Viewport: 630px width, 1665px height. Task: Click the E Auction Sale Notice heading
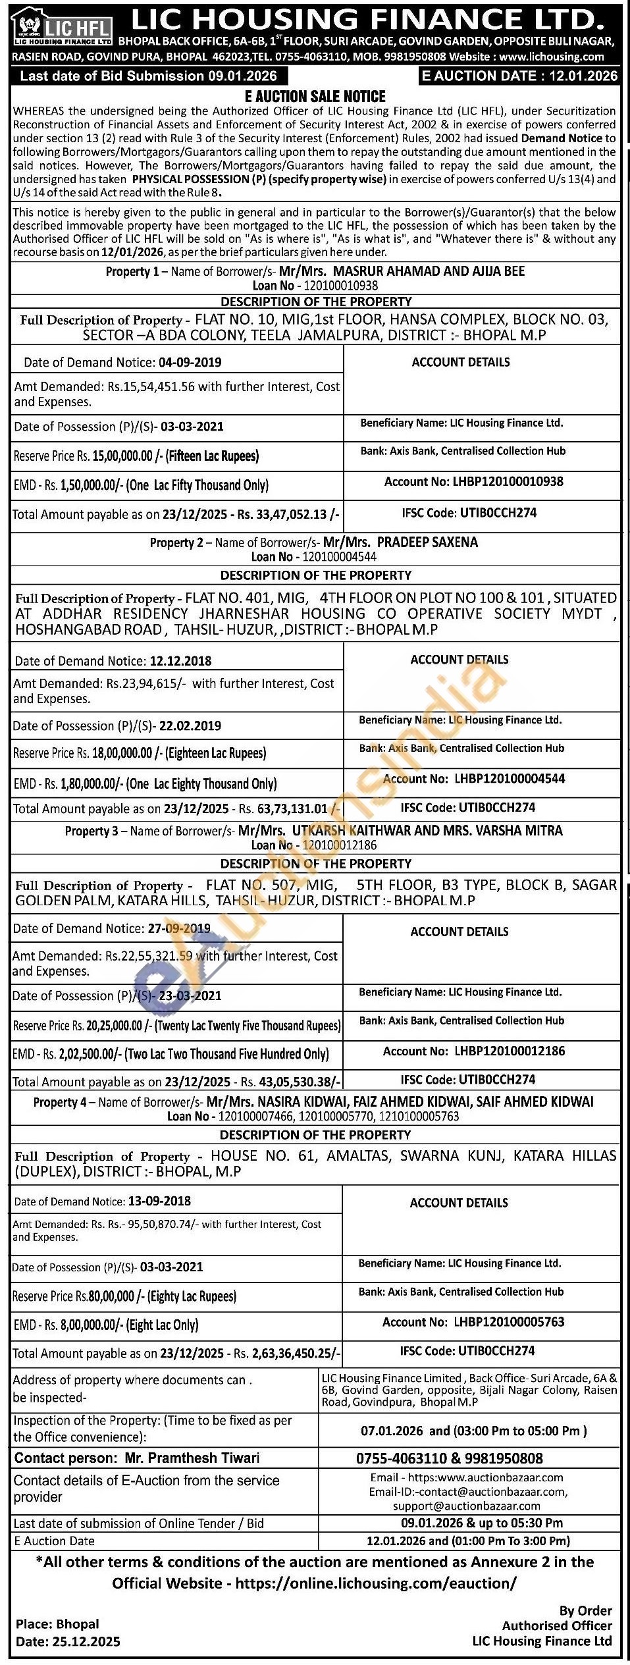tap(315, 96)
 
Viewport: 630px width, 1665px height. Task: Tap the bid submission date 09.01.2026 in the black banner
tap(242, 76)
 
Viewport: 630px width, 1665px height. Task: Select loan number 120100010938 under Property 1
tap(340, 286)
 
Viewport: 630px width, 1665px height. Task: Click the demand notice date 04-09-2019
tap(190, 362)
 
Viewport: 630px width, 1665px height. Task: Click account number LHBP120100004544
tap(510, 778)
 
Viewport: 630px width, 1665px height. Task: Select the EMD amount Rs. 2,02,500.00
tap(89, 1054)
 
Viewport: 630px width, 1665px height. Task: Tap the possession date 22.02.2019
tap(190, 726)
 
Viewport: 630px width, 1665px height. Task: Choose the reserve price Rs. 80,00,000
tap(111, 1296)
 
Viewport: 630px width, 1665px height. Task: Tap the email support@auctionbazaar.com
tap(467, 1506)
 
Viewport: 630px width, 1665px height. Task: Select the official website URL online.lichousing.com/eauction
tap(376, 1583)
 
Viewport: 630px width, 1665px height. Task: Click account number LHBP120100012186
tap(510, 1051)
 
